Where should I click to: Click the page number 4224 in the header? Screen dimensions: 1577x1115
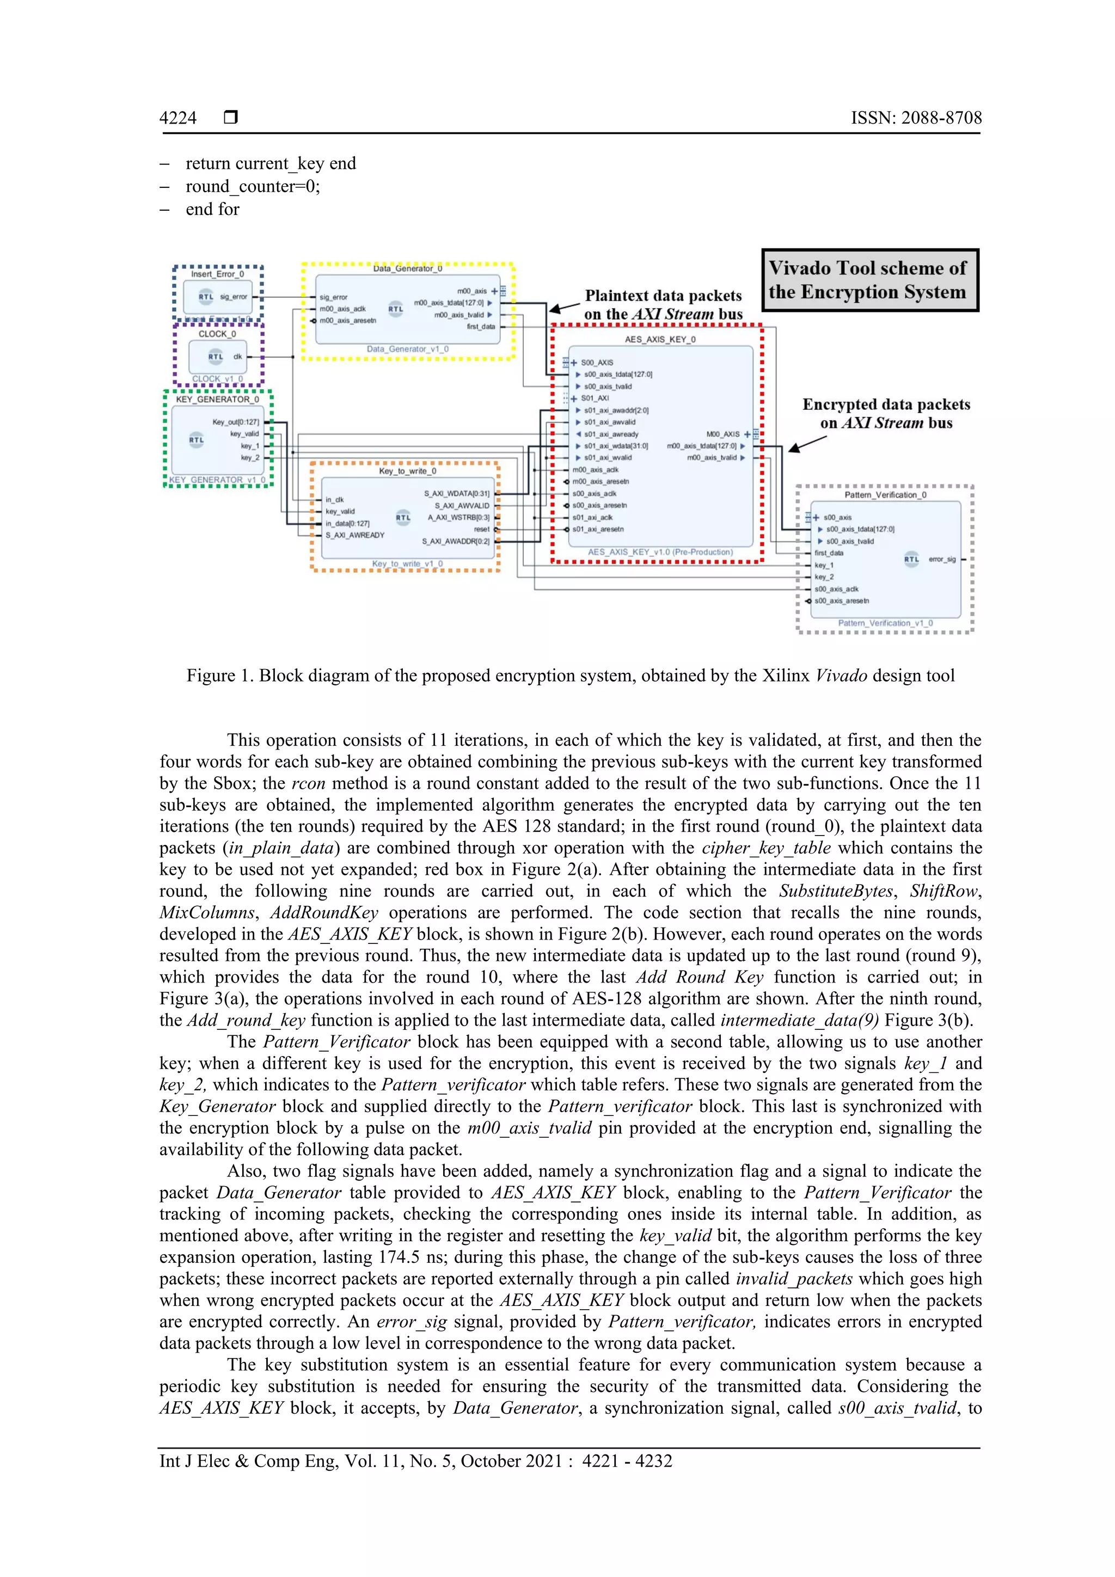(178, 118)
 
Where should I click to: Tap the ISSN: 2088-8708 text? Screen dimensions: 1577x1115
(916, 118)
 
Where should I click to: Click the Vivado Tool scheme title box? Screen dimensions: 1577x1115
(870, 280)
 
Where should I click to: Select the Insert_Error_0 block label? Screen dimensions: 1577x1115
(217, 274)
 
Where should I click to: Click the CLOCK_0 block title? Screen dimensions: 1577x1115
(217, 334)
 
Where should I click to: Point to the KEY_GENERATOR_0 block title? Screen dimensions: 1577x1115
(217, 400)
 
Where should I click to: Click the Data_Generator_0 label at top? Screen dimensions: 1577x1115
(407, 268)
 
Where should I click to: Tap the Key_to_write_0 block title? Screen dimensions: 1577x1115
(407, 471)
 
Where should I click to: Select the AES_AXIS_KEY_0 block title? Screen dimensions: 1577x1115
(659, 339)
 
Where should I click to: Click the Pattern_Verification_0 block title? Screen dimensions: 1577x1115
(885, 494)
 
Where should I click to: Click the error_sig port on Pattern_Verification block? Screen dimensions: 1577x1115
(942, 559)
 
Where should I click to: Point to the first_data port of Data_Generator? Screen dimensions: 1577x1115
(481, 327)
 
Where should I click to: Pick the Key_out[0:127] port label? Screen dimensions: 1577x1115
(235, 422)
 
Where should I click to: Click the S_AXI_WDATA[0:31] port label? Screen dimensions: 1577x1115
(457, 493)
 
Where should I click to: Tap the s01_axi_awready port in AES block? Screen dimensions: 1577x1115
(611, 434)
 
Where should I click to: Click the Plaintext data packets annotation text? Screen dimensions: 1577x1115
(663, 296)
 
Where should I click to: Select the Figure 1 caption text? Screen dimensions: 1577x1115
(570, 676)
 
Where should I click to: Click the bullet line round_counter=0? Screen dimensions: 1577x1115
(253, 187)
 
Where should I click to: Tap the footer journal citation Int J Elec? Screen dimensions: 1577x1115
(415, 1462)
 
